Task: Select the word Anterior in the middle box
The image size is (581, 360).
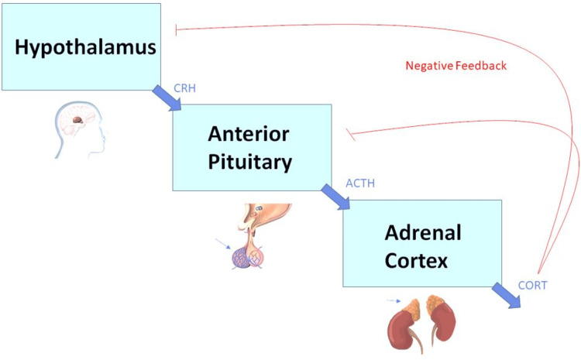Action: (248, 133)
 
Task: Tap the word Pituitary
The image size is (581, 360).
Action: (248, 162)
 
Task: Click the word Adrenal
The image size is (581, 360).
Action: (417, 232)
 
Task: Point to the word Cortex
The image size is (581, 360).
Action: (417, 261)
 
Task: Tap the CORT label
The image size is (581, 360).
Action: (533, 285)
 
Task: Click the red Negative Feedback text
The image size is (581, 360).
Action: (456, 66)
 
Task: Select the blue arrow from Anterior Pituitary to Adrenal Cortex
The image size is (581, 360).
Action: (336, 197)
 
